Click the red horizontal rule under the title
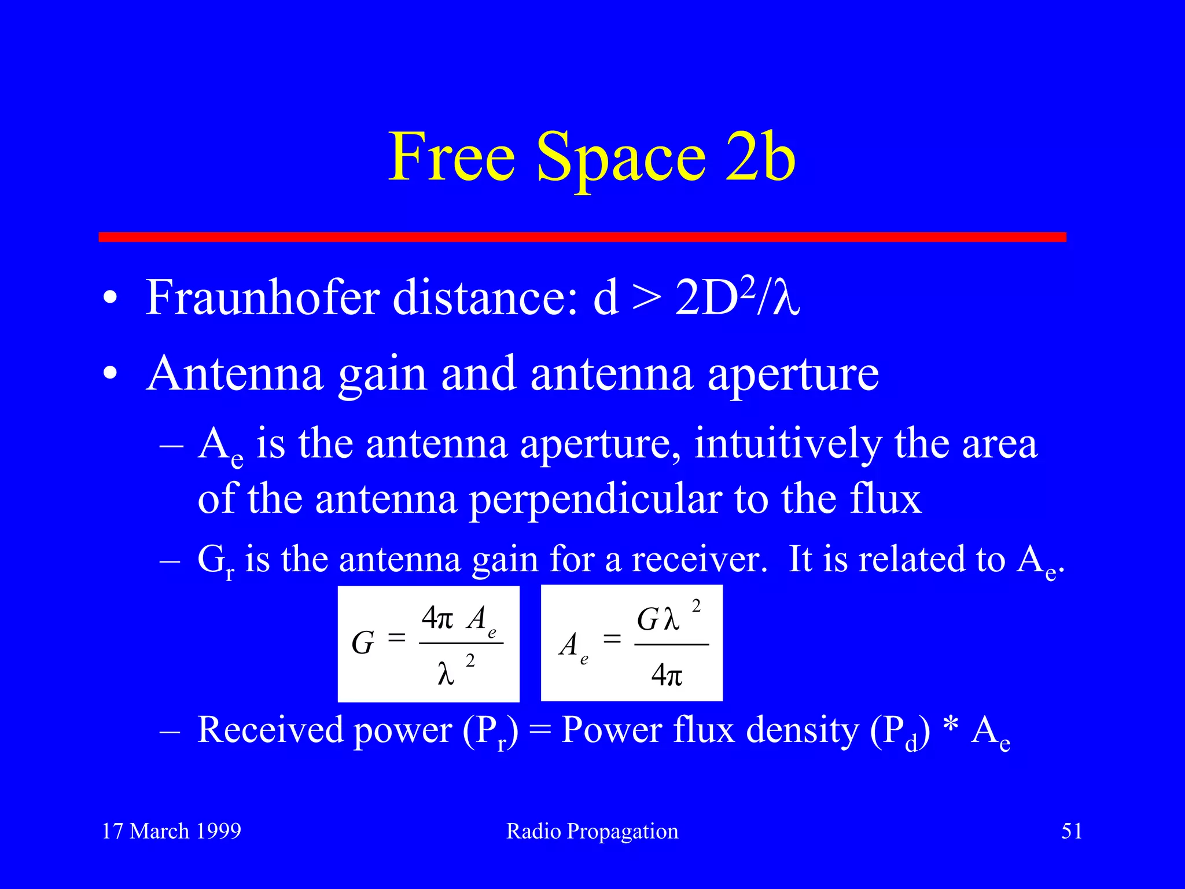point(582,237)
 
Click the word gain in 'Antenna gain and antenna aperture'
point(382,374)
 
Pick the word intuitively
point(787,445)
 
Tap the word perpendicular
point(595,499)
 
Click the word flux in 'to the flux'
point(885,498)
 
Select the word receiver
point(699,560)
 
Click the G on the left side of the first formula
point(363,643)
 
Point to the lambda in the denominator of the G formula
point(446,674)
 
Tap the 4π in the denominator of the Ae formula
point(667,675)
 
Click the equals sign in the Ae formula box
point(612,640)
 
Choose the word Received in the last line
point(270,730)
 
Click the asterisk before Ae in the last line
point(950,728)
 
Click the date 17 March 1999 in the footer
point(171,831)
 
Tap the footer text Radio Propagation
point(592,832)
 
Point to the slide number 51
point(1072,831)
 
